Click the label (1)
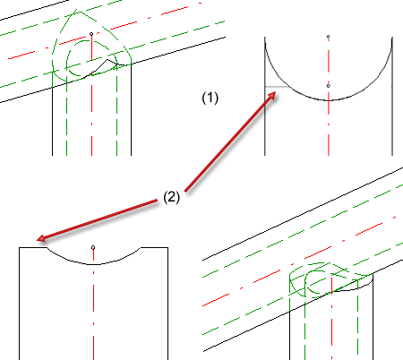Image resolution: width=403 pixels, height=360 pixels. pyautogui.click(x=210, y=98)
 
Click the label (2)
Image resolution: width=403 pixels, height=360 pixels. pyautogui.click(x=172, y=197)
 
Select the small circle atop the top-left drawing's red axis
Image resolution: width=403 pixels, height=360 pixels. pyautogui.click(x=91, y=34)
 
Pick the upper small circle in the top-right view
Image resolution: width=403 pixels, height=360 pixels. pyautogui.click(x=328, y=37)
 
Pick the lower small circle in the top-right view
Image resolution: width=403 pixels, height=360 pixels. pyautogui.click(x=328, y=86)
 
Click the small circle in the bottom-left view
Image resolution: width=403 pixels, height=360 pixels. pyautogui.click(x=93, y=247)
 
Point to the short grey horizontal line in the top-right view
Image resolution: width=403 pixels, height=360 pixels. pyautogui.click(x=277, y=87)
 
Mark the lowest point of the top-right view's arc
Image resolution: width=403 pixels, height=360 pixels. pyautogui.click(x=329, y=100)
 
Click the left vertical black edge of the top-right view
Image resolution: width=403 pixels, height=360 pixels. pyautogui.click(x=265, y=96)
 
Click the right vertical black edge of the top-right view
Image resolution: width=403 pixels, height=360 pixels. pyautogui.click(x=392, y=96)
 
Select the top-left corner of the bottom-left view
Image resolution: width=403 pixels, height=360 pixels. pyautogui.click(x=20, y=247)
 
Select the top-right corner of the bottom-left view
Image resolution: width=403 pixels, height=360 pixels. pyautogui.click(x=167, y=247)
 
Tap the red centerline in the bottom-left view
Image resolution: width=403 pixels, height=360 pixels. pyautogui.click(x=93, y=304)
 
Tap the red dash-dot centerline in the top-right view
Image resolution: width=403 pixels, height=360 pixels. pyautogui.click(x=329, y=97)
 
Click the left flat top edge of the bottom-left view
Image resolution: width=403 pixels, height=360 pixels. pyautogui.click(x=33, y=247)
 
